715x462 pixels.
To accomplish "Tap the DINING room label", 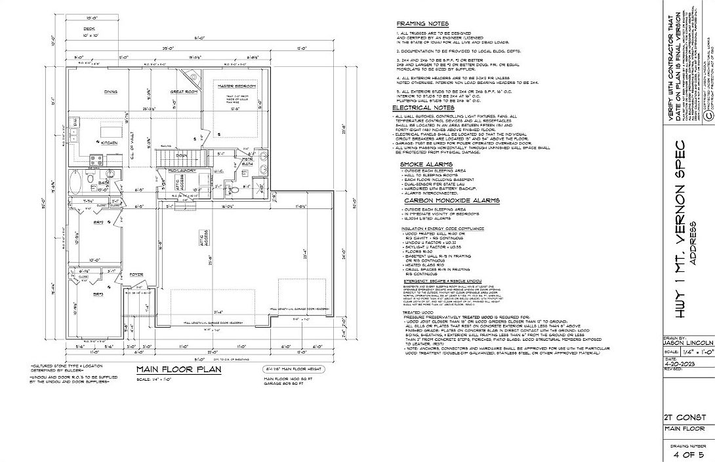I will pos(110,92).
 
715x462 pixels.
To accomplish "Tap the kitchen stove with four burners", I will pos(94,159).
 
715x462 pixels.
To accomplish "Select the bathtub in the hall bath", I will pos(76,180).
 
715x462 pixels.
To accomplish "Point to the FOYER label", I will pos(136,275).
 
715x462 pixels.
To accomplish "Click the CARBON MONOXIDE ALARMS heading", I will pos(451,201).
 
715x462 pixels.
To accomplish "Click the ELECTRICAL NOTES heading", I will pos(423,107).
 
